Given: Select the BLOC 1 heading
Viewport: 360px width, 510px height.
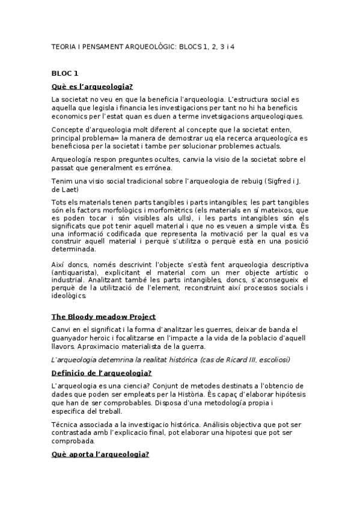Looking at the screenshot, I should coord(65,73).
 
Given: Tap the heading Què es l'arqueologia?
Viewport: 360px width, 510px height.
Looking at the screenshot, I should coord(93,86).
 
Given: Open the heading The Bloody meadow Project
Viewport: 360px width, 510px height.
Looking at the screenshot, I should coord(104,316).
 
